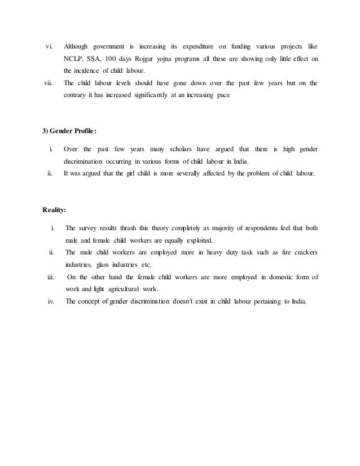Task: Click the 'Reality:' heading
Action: [54, 210]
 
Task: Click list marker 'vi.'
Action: [49, 46]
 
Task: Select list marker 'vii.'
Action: [48, 83]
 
